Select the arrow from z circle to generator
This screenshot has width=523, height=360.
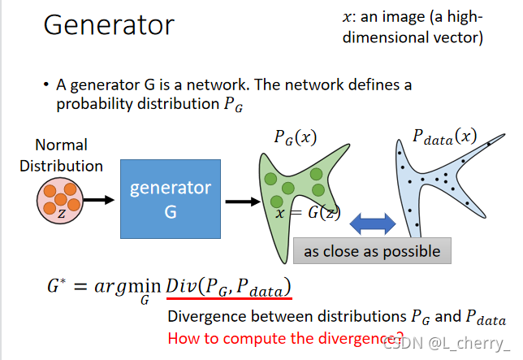coord(98,199)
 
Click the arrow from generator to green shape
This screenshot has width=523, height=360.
coord(240,199)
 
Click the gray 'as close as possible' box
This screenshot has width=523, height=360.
coord(371,251)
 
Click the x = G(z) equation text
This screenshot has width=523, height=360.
coord(307,214)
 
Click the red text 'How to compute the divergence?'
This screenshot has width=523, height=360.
coord(284,338)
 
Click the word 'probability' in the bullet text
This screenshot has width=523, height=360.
coord(98,103)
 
